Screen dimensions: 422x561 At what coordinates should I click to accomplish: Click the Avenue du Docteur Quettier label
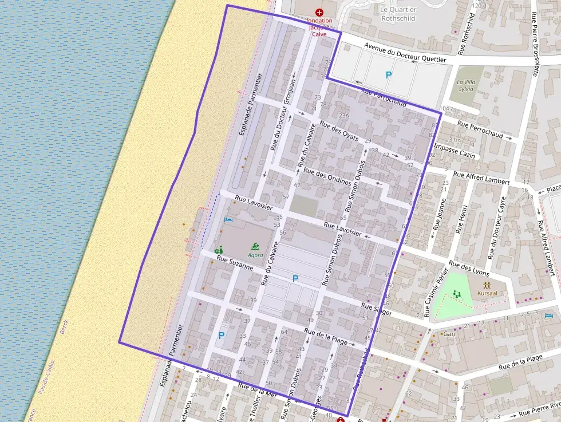point(398,55)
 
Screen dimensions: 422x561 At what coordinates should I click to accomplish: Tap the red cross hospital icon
point(319,12)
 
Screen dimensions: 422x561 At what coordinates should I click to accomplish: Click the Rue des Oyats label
point(339,131)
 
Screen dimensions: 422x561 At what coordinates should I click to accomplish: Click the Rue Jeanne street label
point(440,214)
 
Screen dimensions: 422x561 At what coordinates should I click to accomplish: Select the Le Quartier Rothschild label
point(398,13)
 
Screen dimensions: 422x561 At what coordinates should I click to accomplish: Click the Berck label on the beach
point(64,328)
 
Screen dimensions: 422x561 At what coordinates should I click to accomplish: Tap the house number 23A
point(343,116)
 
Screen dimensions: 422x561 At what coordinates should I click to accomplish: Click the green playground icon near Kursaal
point(457,294)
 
